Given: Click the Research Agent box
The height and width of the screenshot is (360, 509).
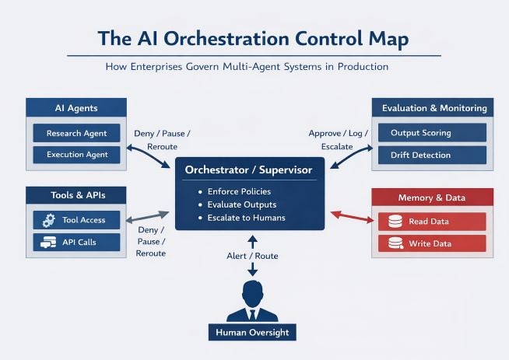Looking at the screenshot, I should (x=75, y=133).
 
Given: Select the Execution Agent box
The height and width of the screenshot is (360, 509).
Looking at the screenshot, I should (x=75, y=155).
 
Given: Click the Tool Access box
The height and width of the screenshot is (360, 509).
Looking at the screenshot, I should (x=76, y=220).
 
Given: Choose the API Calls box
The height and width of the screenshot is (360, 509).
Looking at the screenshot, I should (x=76, y=242).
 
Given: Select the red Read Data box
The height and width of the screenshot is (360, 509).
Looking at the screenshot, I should (x=432, y=222).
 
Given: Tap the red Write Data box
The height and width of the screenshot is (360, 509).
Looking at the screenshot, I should (x=432, y=243).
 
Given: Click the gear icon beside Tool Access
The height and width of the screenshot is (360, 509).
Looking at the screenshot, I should (x=49, y=220).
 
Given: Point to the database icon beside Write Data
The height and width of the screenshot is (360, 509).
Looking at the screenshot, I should (x=395, y=243).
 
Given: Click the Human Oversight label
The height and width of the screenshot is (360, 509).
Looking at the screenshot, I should (x=252, y=333).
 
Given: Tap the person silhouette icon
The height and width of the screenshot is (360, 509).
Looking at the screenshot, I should (x=252, y=301).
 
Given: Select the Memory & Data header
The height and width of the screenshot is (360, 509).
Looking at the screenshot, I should (x=432, y=197).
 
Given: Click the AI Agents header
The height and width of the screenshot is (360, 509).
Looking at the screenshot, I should (x=75, y=108).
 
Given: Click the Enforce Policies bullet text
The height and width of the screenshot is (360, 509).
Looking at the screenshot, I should (x=239, y=191).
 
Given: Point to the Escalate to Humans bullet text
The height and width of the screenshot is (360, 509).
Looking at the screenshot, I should (x=246, y=218).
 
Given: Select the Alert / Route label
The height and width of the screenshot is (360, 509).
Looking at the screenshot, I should (x=252, y=256).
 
